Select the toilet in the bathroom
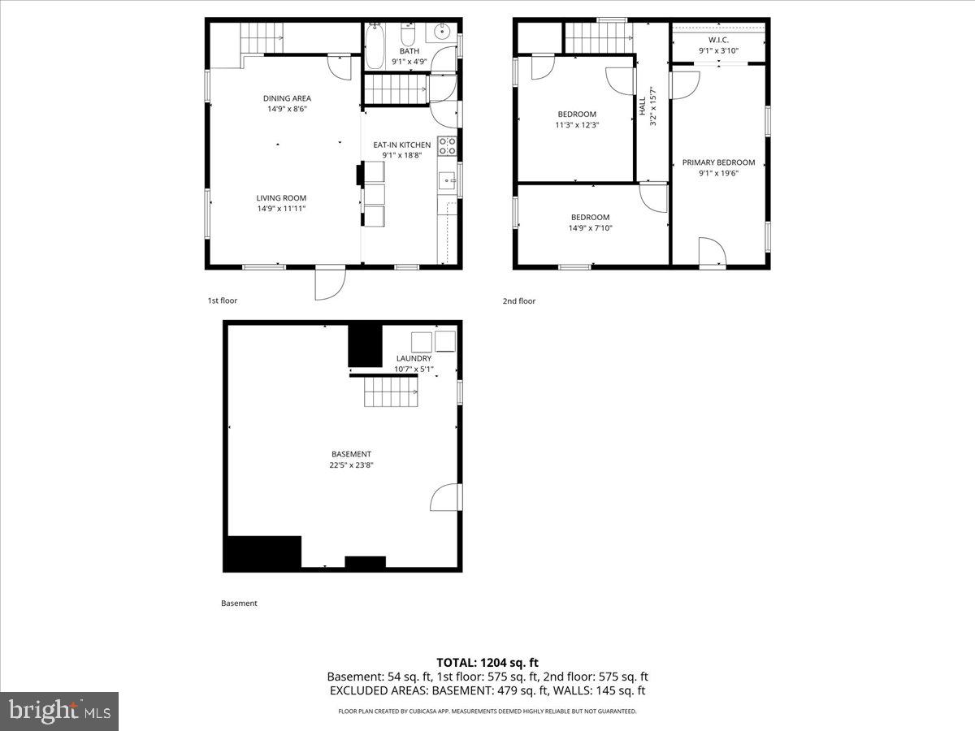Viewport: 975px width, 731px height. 409,34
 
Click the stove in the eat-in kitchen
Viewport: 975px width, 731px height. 448,146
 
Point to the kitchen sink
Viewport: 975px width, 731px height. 447,180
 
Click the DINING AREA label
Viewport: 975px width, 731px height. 287,98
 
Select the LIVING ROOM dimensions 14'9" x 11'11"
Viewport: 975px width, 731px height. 281,209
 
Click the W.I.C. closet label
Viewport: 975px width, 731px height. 718,39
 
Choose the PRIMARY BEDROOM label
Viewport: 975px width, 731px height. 718,162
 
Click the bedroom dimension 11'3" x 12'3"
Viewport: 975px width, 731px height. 577,125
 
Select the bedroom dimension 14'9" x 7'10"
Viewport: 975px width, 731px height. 590,228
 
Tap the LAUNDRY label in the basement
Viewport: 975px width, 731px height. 414,358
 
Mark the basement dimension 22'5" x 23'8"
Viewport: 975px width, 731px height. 351,465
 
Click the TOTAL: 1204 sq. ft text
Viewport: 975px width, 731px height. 487,663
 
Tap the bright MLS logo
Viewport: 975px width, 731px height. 59,712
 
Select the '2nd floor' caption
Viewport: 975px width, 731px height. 518,301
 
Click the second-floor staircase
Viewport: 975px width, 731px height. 598,36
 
